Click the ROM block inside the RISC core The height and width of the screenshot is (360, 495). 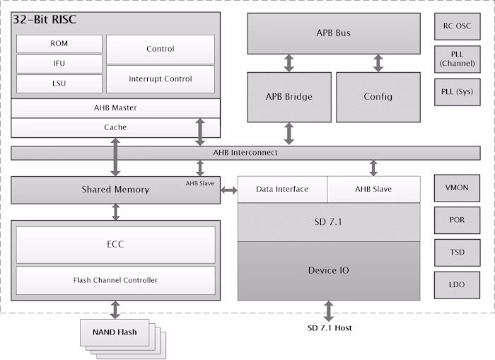(59, 43)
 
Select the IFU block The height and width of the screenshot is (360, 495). (59, 64)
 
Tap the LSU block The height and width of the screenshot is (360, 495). (59, 84)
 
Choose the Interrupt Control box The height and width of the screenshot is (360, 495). (161, 79)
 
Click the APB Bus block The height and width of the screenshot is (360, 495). (333, 33)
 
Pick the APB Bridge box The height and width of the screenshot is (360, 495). (289, 97)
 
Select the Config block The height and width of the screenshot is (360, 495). (378, 97)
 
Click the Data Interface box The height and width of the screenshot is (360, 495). (282, 190)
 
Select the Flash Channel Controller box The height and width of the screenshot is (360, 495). (115, 280)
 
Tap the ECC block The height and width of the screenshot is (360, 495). (115, 245)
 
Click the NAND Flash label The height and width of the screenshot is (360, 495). (115, 331)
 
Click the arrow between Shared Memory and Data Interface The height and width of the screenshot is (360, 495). (228, 190)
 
